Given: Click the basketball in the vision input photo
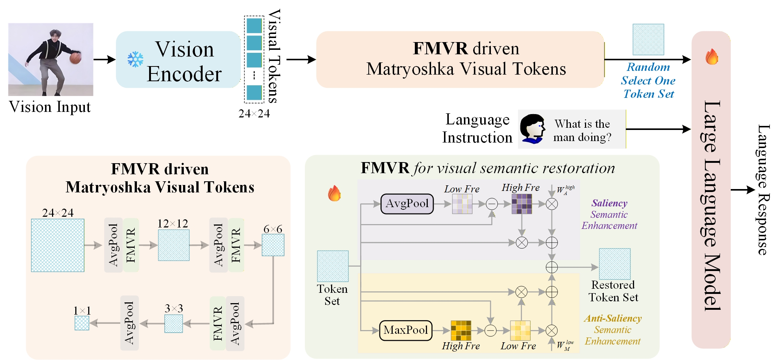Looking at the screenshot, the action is [x=75, y=58].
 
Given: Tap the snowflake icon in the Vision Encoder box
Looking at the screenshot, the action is [x=135, y=59].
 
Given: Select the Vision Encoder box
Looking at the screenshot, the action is [x=178, y=59].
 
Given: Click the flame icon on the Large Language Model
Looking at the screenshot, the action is [x=712, y=56].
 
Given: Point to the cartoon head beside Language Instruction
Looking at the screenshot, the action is [x=533, y=128].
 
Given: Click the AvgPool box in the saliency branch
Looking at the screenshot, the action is [x=407, y=204].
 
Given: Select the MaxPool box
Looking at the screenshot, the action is [x=406, y=330].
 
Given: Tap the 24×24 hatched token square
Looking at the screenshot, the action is [x=58, y=246].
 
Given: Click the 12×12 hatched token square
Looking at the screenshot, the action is [x=173, y=245].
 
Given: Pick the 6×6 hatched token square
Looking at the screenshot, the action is [x=273, y=245].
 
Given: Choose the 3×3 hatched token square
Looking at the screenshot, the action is [x=173, y=324].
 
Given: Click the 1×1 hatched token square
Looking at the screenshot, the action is [x=82, y=323].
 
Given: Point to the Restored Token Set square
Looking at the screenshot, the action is [x=615, y=264].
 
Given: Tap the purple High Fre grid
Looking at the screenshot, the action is [x=522, y=204].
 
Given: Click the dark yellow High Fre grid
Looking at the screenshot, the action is [x=461, y=330].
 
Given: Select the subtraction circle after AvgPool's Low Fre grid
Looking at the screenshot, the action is [x=492, y=204].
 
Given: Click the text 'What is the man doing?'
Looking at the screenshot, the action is [x=582, y=130].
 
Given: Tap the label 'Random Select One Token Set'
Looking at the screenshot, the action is [x=648, y=80].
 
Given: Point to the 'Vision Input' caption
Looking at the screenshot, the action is [x=50, y=107].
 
